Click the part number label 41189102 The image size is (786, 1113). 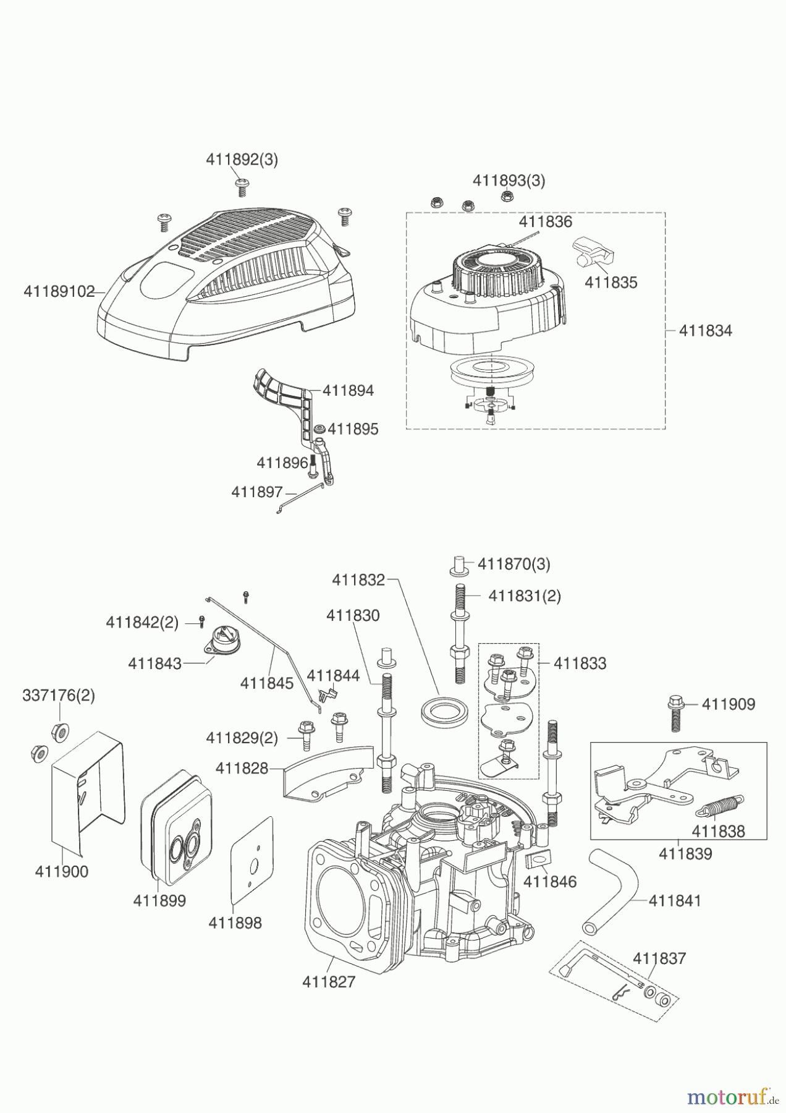pos(59,291)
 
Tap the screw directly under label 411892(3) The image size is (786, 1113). pos(241,186)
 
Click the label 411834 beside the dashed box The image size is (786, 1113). pos(705,331)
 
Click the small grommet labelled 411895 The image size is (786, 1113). pos(320,429)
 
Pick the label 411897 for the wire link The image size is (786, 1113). pos(256,492)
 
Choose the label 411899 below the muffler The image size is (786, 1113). pos(159,901)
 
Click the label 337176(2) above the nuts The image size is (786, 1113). pos(59,696)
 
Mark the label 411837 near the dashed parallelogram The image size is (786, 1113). pos(659,958)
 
